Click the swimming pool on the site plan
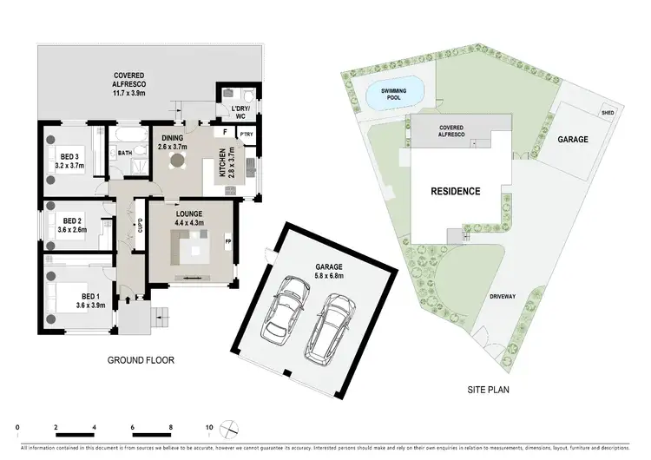point(395,92)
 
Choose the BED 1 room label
point(90,300)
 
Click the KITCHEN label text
point(223,163)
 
